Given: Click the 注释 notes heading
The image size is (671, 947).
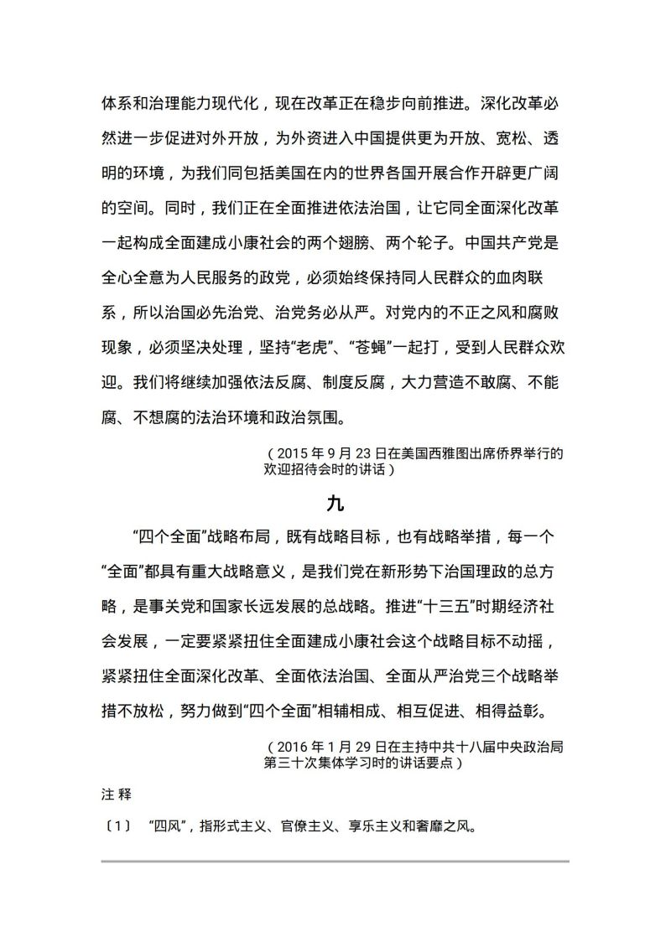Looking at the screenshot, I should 112,791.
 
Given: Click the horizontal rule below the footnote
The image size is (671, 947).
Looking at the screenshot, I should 335,861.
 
